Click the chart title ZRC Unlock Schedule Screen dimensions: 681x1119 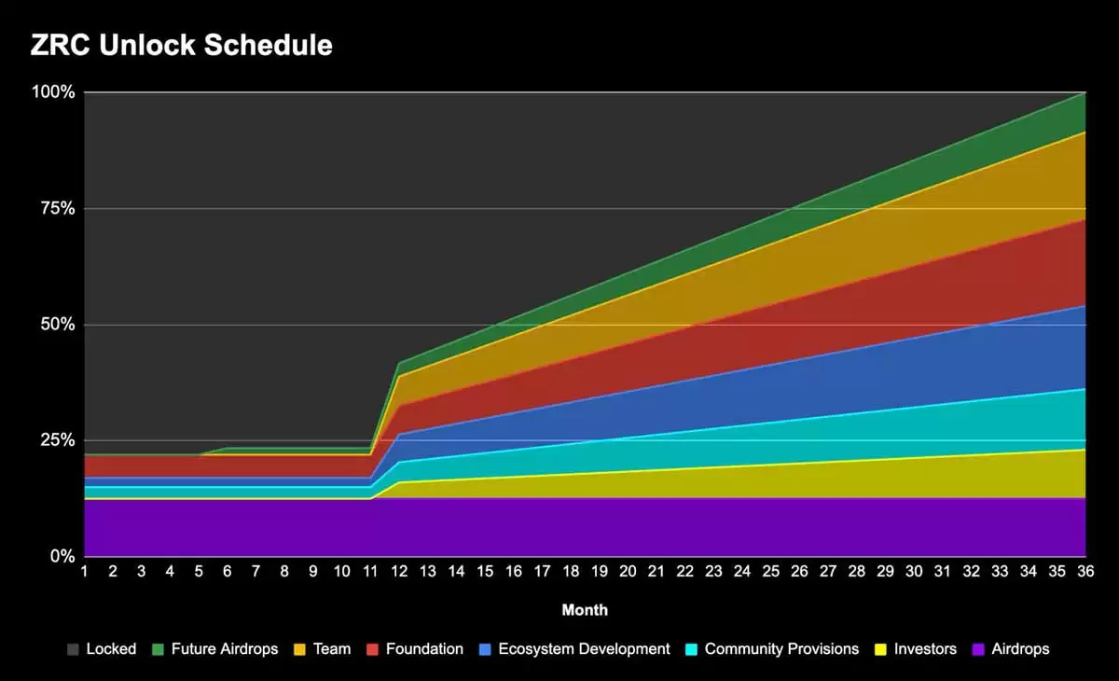pos(182,45)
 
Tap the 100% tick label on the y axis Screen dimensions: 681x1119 pos(54,92)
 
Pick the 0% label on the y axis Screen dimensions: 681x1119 pos(62,557)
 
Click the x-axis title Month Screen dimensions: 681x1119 pos(585,610)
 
